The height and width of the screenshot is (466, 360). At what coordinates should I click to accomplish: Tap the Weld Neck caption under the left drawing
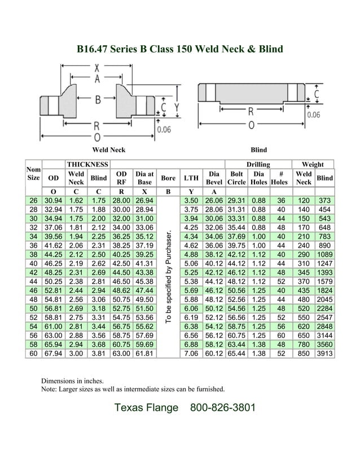click(x=108, y=150)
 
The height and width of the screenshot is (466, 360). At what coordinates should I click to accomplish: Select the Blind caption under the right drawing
click(x=258, y=150)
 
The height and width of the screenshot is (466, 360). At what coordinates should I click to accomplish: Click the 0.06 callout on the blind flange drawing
click(x=314, y=115)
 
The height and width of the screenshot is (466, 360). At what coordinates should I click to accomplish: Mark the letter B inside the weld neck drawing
click(x=97, y=99)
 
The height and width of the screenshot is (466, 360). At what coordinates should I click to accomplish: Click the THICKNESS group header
click(x=87, y=164)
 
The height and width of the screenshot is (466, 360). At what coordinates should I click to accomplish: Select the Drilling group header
click(x=258, y=164)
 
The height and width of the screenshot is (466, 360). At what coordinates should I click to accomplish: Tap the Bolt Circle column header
click(x=236, y=178)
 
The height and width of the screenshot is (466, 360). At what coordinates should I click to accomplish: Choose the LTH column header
click(x=191, y=178)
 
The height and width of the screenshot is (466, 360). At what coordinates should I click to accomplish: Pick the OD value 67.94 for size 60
click(x=54, y=354)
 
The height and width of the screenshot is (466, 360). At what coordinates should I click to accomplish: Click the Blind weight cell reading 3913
click(x=324, y=354)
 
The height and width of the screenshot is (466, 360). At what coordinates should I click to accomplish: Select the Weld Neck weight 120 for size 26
click(x=304, y=200)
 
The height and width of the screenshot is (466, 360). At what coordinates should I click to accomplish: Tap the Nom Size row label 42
click(x=33, y=272)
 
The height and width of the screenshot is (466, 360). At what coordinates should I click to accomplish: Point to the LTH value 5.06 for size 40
click(x=191, y=263)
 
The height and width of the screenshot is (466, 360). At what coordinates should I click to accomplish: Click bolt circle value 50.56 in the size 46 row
click(x=236, y=291)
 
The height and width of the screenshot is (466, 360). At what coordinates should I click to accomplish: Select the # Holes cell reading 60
click(x=280, y=336)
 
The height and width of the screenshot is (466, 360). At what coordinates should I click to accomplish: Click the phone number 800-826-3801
click(x=223, y=407)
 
